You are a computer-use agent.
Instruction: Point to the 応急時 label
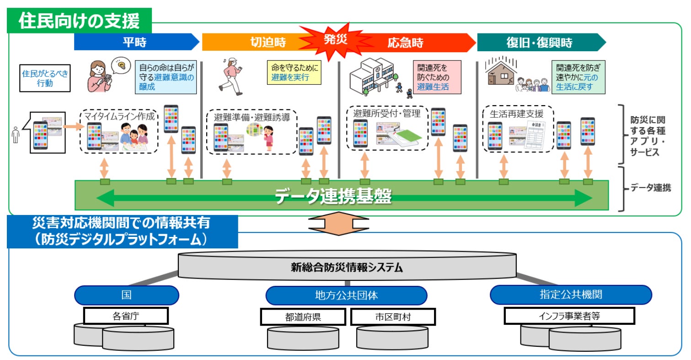click(x=405, y=43)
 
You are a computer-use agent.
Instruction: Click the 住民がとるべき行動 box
click(x=45, y=78)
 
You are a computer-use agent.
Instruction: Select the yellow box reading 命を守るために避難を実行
click(x=294, y=72)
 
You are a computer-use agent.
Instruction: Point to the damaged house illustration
click(x=500, y=73)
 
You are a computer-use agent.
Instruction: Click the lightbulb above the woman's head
click(x=121, y=65)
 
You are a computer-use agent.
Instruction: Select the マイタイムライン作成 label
click(x=119, y=117)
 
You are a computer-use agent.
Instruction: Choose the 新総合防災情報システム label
click(x=347, y=268)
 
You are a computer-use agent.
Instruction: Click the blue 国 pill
click(x=126, y=295)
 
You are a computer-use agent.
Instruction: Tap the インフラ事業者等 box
click(x=569, y=316)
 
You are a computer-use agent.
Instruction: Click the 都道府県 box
click(x=302, y=317)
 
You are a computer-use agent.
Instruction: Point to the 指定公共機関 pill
click(x=570, y=295)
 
